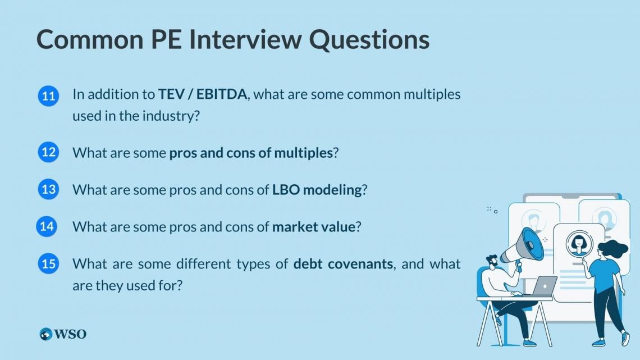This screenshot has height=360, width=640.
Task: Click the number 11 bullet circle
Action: pos(49,96)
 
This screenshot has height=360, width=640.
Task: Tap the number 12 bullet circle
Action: pos(49,152)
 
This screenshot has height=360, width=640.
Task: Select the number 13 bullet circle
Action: pos(49,189)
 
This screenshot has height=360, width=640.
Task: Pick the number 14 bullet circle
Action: pos(47,226)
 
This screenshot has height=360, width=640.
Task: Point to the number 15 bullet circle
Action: pos(49,263)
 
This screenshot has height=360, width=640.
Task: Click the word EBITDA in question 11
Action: pos(222,94)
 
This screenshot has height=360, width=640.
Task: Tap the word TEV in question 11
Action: pos(171,94)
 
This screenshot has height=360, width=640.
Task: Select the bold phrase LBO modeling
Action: pos(317,190)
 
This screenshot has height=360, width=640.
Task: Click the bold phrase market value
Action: pos(313,227)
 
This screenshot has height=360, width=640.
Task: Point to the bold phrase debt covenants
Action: pos(343,263)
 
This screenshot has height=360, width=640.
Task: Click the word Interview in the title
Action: pos(245,39)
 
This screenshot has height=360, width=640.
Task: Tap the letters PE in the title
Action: pos(165,39)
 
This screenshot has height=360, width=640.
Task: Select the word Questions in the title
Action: pos(369,40)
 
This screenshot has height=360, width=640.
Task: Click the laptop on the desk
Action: pos(543,286)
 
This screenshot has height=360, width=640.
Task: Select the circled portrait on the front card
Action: pos(579,244)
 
